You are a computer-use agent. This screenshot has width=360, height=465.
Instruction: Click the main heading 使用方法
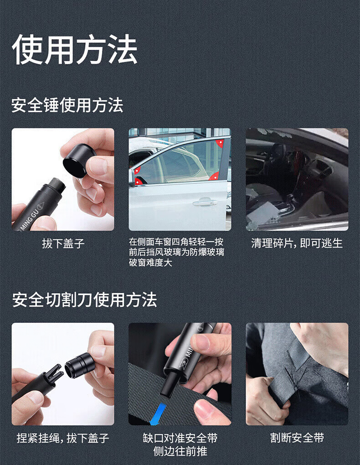74,49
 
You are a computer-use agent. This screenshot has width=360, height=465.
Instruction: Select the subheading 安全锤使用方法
67,105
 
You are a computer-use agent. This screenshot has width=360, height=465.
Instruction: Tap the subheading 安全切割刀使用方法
84,300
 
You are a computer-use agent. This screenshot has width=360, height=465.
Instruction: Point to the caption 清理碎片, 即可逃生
297,243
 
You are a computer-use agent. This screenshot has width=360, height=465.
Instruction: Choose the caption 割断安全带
297,438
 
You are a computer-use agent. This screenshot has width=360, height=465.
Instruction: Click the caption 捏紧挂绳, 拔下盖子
63,438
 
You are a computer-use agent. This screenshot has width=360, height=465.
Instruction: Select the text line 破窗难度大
150,263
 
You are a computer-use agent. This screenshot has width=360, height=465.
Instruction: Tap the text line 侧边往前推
180,451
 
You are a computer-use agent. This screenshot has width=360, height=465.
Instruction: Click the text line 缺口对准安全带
180,438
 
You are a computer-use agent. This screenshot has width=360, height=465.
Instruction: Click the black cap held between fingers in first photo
79,160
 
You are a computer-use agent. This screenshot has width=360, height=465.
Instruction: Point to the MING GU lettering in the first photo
29,218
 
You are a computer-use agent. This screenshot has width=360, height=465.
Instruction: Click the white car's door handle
205,202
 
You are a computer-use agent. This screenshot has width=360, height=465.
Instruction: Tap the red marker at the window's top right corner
220,144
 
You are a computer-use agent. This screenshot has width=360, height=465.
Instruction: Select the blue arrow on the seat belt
157,413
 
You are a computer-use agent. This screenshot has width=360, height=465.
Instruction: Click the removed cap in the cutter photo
80,365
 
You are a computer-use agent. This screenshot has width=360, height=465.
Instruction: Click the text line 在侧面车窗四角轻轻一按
176,242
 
